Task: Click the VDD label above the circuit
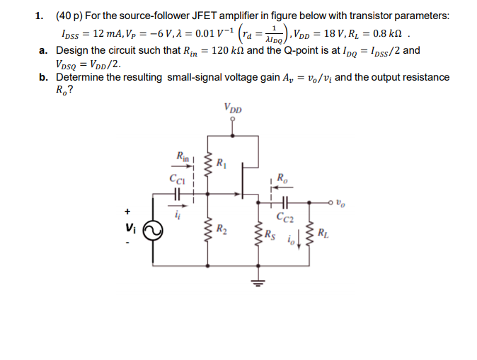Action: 232,110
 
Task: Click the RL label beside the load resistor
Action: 323,233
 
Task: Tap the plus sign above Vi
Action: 127,211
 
